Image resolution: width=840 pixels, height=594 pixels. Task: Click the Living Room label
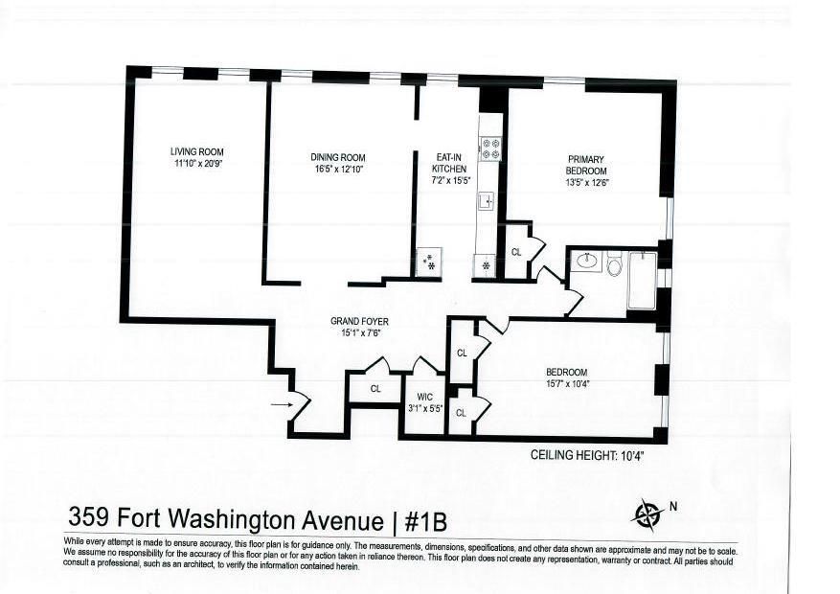click(197, 151)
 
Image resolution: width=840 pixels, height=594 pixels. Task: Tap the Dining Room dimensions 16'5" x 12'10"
click(337, 169)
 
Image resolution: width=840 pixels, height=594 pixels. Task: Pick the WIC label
click(422, 396)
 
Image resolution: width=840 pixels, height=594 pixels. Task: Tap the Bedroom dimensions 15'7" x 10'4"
click(566, 384)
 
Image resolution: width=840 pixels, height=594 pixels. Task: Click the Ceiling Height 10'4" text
click(587, 457)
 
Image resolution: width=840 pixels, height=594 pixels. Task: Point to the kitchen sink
click(486, 201)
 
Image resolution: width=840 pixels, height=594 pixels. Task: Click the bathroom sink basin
click(585, 262)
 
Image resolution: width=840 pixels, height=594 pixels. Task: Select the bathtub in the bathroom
click(642, 280)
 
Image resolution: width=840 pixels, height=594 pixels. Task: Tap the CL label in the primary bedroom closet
click(515, 253)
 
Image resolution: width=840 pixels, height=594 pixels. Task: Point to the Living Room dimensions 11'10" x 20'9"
click(197, 164)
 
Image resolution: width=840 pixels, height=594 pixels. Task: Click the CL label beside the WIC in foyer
click(375, 389)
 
